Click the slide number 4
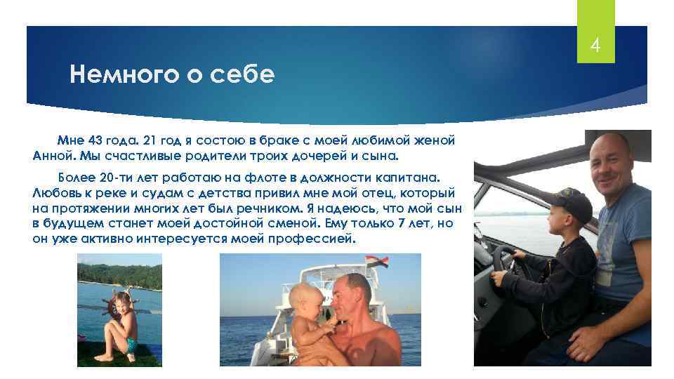(595, 47)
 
